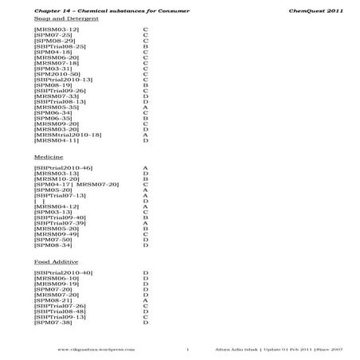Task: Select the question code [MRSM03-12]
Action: click(57, 29)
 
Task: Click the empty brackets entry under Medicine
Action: click(41, 202)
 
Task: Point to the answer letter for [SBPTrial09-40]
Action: click(146, 217)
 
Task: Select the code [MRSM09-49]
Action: click(57, 234)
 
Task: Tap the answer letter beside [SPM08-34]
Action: click(146, 245)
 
